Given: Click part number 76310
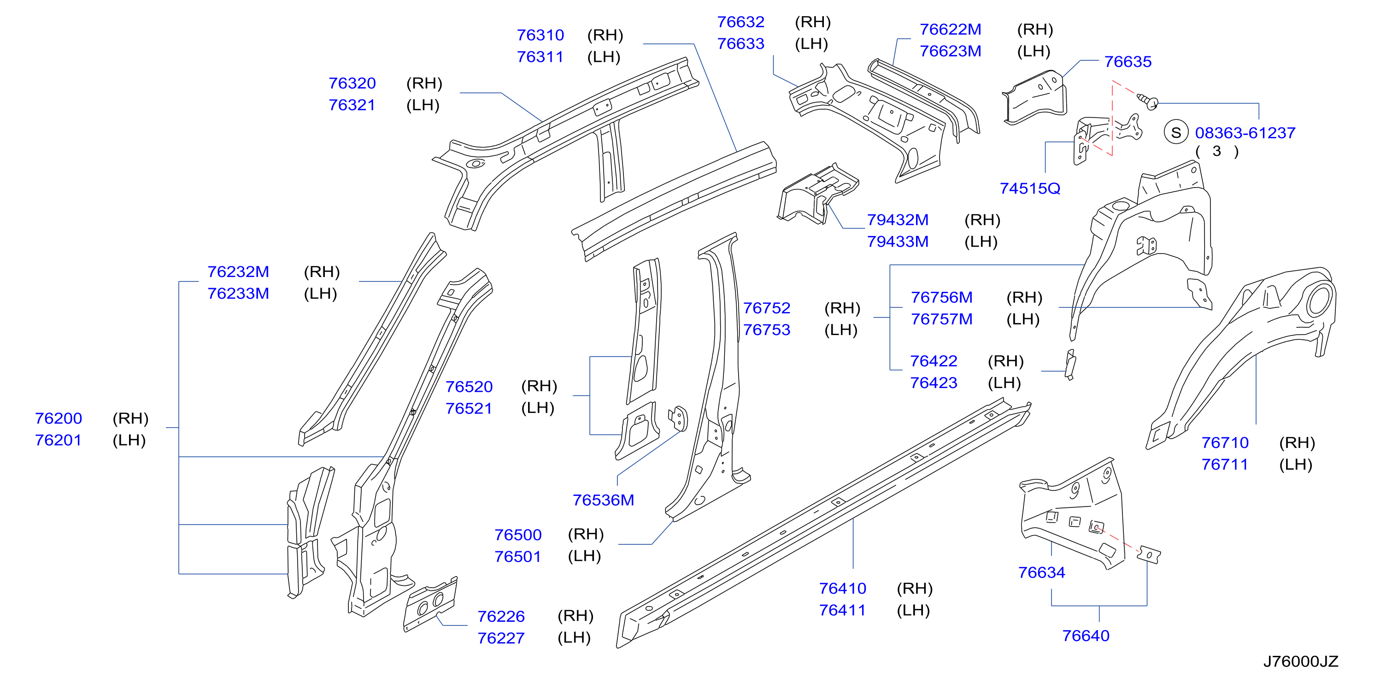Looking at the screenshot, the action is pos(540,35).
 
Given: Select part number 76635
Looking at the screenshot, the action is pos(1128,62).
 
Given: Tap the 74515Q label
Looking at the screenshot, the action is pos(1030,188).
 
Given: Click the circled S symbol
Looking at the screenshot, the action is pos(1176,132).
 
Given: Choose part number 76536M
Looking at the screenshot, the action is pos(603,500).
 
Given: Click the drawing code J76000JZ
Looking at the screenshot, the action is pos(1301,661).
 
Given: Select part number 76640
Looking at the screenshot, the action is pos(1086,636).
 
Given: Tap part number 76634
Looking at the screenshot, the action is pos(1041,572).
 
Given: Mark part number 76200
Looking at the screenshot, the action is pos(59,419).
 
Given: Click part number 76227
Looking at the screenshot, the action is pos(501,638).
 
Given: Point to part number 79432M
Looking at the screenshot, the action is pos(898,220).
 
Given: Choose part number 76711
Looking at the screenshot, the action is pos(1224,465).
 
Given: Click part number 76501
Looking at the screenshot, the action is pos(517,556).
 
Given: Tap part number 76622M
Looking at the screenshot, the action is pos(951,29).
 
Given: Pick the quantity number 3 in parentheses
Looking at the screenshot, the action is pos(1216,151).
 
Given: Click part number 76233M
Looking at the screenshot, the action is pos(238,294).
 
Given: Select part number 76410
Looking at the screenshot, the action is pos(842,588).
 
